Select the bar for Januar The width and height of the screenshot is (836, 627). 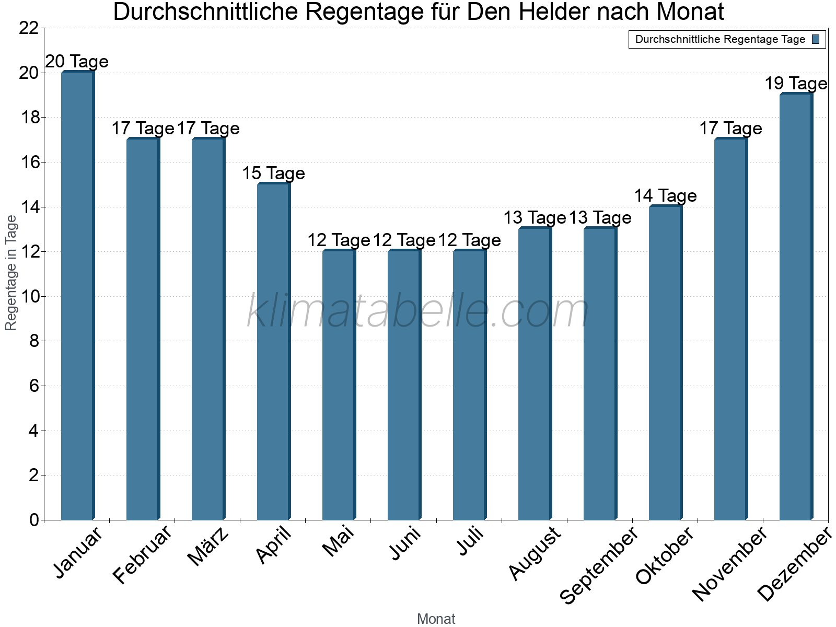[78, 295]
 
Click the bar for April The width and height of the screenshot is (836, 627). [274, 351]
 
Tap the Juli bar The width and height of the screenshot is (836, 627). [470, 385]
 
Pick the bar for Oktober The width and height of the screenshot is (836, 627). [666, 363]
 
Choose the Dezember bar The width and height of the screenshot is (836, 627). [796, 307]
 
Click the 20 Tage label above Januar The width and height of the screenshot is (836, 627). [77, 61]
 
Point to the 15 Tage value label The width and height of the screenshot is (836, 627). [273, 173]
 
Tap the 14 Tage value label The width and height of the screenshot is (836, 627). [665, 195]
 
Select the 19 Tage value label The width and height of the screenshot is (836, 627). [796, 84]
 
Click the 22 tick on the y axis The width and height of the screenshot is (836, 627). [29, 28]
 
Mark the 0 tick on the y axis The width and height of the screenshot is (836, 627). [34, 520]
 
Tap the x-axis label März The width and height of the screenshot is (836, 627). [208, 546]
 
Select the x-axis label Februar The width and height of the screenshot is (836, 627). [142, 554]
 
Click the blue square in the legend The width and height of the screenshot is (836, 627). [816, 39]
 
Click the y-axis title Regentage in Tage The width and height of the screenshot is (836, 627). [10, 273]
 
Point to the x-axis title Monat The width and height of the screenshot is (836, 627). [436, 619]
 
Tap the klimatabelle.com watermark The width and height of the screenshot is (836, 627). [418, 310]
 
